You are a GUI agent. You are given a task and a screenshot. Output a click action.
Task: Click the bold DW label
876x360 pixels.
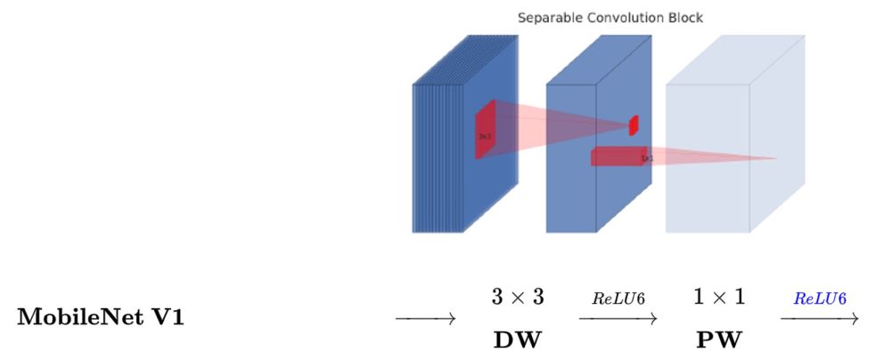pyautogui.click(x=516, y=340)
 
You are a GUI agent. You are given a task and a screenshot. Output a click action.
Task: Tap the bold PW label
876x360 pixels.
pyautogui.click(x=718, y=340)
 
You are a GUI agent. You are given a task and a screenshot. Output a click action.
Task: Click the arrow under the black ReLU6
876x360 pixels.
pyautogui.click(x=618, y=318)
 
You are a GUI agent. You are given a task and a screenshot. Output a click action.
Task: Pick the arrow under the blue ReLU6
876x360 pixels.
pyautogui.click(x=821, y=318)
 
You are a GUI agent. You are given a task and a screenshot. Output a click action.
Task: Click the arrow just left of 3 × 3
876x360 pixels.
pyautogui.click(x=426, y=318)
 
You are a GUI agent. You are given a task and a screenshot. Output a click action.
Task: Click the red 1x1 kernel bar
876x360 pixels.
pyautogui.click(x=618, y=157)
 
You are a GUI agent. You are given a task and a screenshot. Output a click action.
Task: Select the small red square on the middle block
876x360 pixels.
pyautogui.click(x=634, y=126)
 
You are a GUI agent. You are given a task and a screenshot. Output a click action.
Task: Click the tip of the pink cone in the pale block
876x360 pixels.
pyautogui.click(x=775, y=159)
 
